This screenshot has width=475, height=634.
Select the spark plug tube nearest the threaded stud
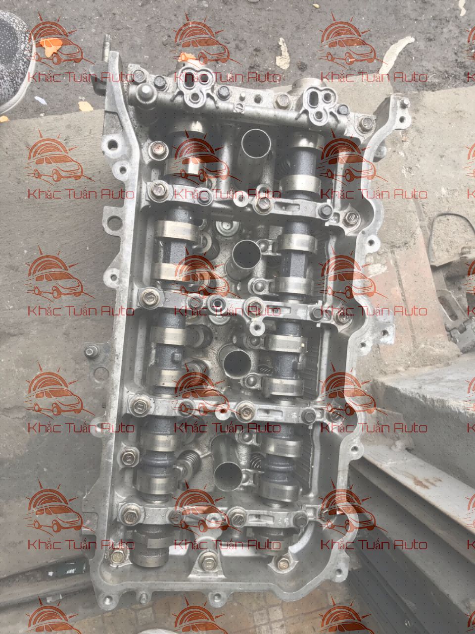click(x=256, y=144)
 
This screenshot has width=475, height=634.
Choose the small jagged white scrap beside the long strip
click(x=283, y=53)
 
